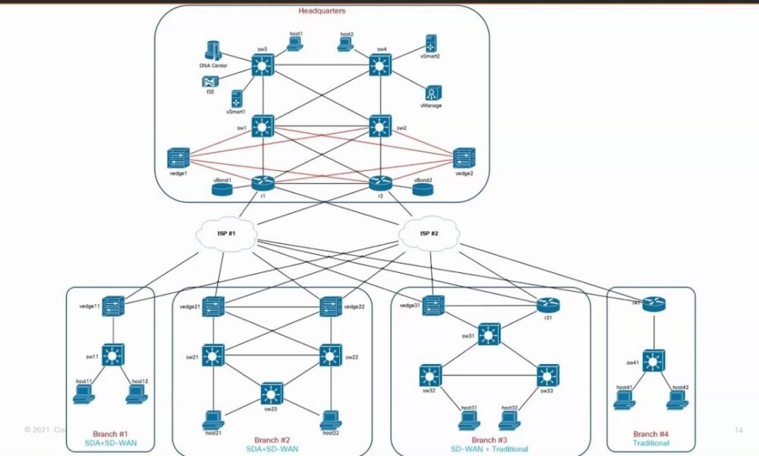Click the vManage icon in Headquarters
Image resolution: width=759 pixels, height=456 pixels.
431,93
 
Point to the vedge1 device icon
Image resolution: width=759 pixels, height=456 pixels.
179,159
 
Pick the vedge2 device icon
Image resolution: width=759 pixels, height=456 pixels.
464,159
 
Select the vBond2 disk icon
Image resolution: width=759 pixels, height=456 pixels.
423,188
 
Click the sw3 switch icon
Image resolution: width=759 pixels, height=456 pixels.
263,67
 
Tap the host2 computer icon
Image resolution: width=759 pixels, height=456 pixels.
346,44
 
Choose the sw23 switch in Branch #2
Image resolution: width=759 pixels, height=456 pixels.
271,393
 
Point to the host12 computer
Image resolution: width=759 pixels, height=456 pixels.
137,394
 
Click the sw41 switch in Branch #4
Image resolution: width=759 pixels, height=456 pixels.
653,359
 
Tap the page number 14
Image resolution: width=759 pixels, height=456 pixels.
738,429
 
